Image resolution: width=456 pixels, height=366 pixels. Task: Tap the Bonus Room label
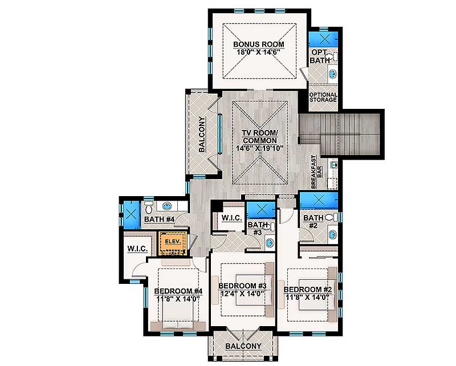point(259,44)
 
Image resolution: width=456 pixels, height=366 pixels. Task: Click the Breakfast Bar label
point(316,172)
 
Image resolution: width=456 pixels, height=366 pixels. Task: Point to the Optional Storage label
point(323,97)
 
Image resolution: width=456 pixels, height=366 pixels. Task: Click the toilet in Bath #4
point(149,206)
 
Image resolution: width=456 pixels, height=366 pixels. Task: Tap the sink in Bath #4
point(167,206)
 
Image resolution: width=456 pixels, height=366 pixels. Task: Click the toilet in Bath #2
point(332,217)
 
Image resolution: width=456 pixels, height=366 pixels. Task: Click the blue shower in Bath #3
point(261,210)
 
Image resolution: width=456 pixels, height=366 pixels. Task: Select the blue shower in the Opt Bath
point(323,38)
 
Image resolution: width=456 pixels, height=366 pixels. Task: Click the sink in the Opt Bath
point(332,74)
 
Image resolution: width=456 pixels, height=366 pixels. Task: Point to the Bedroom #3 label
point(242,286)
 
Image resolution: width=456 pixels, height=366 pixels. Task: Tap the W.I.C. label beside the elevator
point(137,249)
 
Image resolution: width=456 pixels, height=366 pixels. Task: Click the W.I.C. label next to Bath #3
point(232,218)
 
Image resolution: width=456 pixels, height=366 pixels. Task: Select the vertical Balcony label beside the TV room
point(202,134)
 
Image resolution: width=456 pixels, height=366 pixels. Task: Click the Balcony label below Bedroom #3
point(243,346)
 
